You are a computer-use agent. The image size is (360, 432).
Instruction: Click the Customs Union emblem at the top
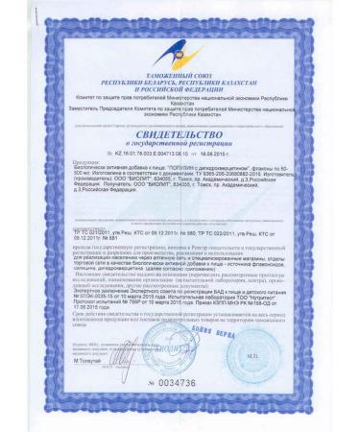click(180, 43)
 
